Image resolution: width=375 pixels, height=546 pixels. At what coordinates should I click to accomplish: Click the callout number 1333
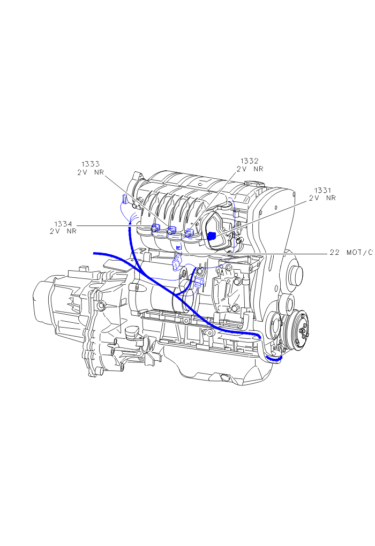91,164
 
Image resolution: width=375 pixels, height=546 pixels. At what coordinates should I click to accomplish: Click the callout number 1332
249,161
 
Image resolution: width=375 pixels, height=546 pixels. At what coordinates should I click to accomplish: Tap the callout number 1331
322,190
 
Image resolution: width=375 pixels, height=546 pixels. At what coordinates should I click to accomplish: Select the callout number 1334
63,224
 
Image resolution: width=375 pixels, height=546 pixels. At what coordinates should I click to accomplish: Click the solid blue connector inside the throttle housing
212,236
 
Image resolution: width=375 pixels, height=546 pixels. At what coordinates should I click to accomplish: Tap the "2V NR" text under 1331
322,198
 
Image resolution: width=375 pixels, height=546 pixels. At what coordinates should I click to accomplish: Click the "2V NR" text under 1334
63,232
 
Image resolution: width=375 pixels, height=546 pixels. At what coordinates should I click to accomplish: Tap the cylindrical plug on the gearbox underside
131,335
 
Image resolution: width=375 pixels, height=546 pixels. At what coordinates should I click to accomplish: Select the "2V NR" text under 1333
91,172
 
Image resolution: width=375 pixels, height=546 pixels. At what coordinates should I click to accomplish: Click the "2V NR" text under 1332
250,169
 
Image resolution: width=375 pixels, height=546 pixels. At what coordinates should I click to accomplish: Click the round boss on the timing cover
295,275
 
